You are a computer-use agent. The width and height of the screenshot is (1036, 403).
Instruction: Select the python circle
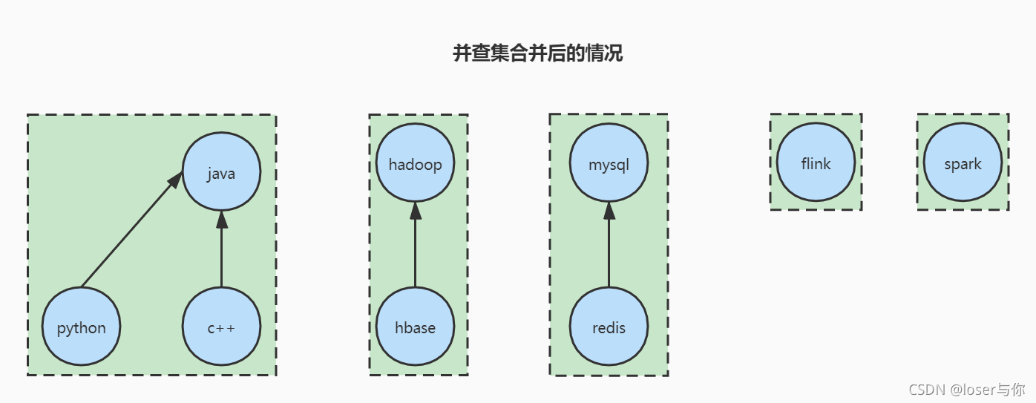tap(81, 327)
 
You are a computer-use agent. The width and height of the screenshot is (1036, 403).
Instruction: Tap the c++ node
tap(221, 327)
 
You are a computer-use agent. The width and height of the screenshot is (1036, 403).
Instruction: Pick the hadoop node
tap(415, 163)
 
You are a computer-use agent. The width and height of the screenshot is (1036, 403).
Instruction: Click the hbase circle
tap(415, 327)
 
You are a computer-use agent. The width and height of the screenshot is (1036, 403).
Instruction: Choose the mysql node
tap(609, 163)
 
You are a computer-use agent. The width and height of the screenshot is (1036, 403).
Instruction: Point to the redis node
tap(609, 327)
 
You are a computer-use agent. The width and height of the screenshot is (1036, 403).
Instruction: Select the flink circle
tap(816, 163)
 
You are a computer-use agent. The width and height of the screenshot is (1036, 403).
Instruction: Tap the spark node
tap(963, 163)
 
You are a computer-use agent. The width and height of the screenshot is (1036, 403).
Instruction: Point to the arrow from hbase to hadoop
tap(415, 249)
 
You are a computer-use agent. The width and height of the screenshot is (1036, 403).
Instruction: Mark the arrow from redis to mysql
tap(609, 249)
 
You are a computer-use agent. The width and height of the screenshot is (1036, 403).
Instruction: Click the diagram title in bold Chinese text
tap(537, 53)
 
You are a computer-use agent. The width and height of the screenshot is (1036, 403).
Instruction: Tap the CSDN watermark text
tap(966, 389)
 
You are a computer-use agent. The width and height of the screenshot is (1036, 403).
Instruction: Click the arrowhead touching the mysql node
tap(609, 211)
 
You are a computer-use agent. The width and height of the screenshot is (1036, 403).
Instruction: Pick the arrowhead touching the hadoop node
tap(415, 211)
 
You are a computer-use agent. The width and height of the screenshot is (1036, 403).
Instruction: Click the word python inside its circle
tap(81, 328)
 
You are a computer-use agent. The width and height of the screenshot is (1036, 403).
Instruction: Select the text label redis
tap(609, 327)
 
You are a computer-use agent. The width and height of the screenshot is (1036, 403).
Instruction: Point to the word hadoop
tap(415, 164)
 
